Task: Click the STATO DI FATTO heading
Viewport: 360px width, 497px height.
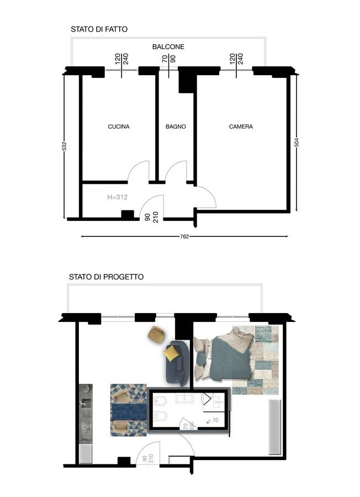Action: point(99,29)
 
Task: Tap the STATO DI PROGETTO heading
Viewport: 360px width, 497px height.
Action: point(106,277)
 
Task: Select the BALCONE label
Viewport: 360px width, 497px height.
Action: point(168,46)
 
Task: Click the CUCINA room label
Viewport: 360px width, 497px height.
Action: point(119,126)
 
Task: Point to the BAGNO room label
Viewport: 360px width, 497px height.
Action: point(176,126)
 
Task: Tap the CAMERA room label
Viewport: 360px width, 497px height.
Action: point(241,126)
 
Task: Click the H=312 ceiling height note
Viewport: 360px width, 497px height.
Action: point(117,197)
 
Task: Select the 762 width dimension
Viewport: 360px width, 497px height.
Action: point(184,236)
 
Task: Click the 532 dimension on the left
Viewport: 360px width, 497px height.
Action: point(65,146)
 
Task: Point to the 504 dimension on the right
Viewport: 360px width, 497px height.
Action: point(297,142)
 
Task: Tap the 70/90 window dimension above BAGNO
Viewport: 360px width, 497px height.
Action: point(168,59)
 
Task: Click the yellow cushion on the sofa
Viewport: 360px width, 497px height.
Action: point(171,353)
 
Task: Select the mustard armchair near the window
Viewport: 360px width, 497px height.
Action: point(157,334)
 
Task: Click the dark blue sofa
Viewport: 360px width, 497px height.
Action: point(177,363)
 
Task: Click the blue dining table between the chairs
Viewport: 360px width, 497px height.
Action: point(128,411)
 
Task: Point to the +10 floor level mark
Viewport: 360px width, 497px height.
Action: point(213,420)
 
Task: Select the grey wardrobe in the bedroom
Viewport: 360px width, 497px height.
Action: point(275,427)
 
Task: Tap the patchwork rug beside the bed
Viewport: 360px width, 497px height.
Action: point(256,359)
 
